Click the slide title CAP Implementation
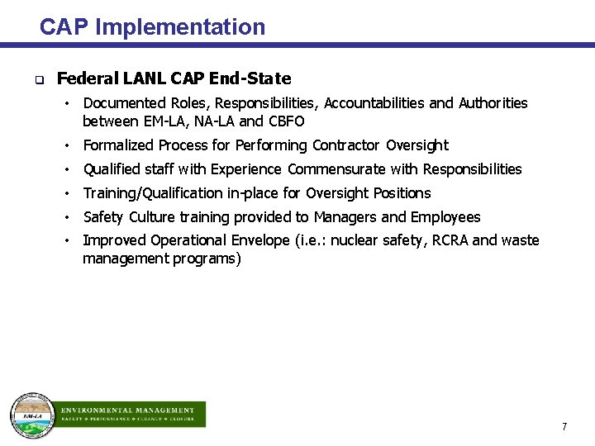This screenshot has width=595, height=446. click(152, 27)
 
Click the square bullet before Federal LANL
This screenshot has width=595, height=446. click(39, 81)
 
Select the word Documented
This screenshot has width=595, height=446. click(125, 103)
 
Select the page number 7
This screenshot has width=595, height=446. click(564, 427)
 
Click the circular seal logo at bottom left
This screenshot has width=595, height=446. click(31, 414)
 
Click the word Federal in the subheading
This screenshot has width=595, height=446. click(88, 79)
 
